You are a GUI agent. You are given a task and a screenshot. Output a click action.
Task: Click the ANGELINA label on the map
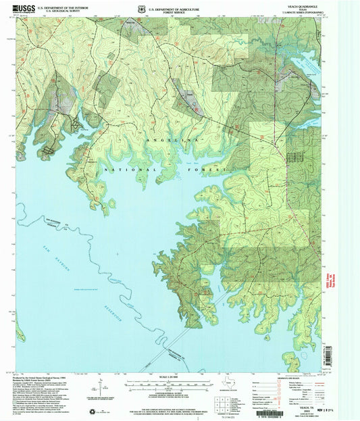click(173, 139)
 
